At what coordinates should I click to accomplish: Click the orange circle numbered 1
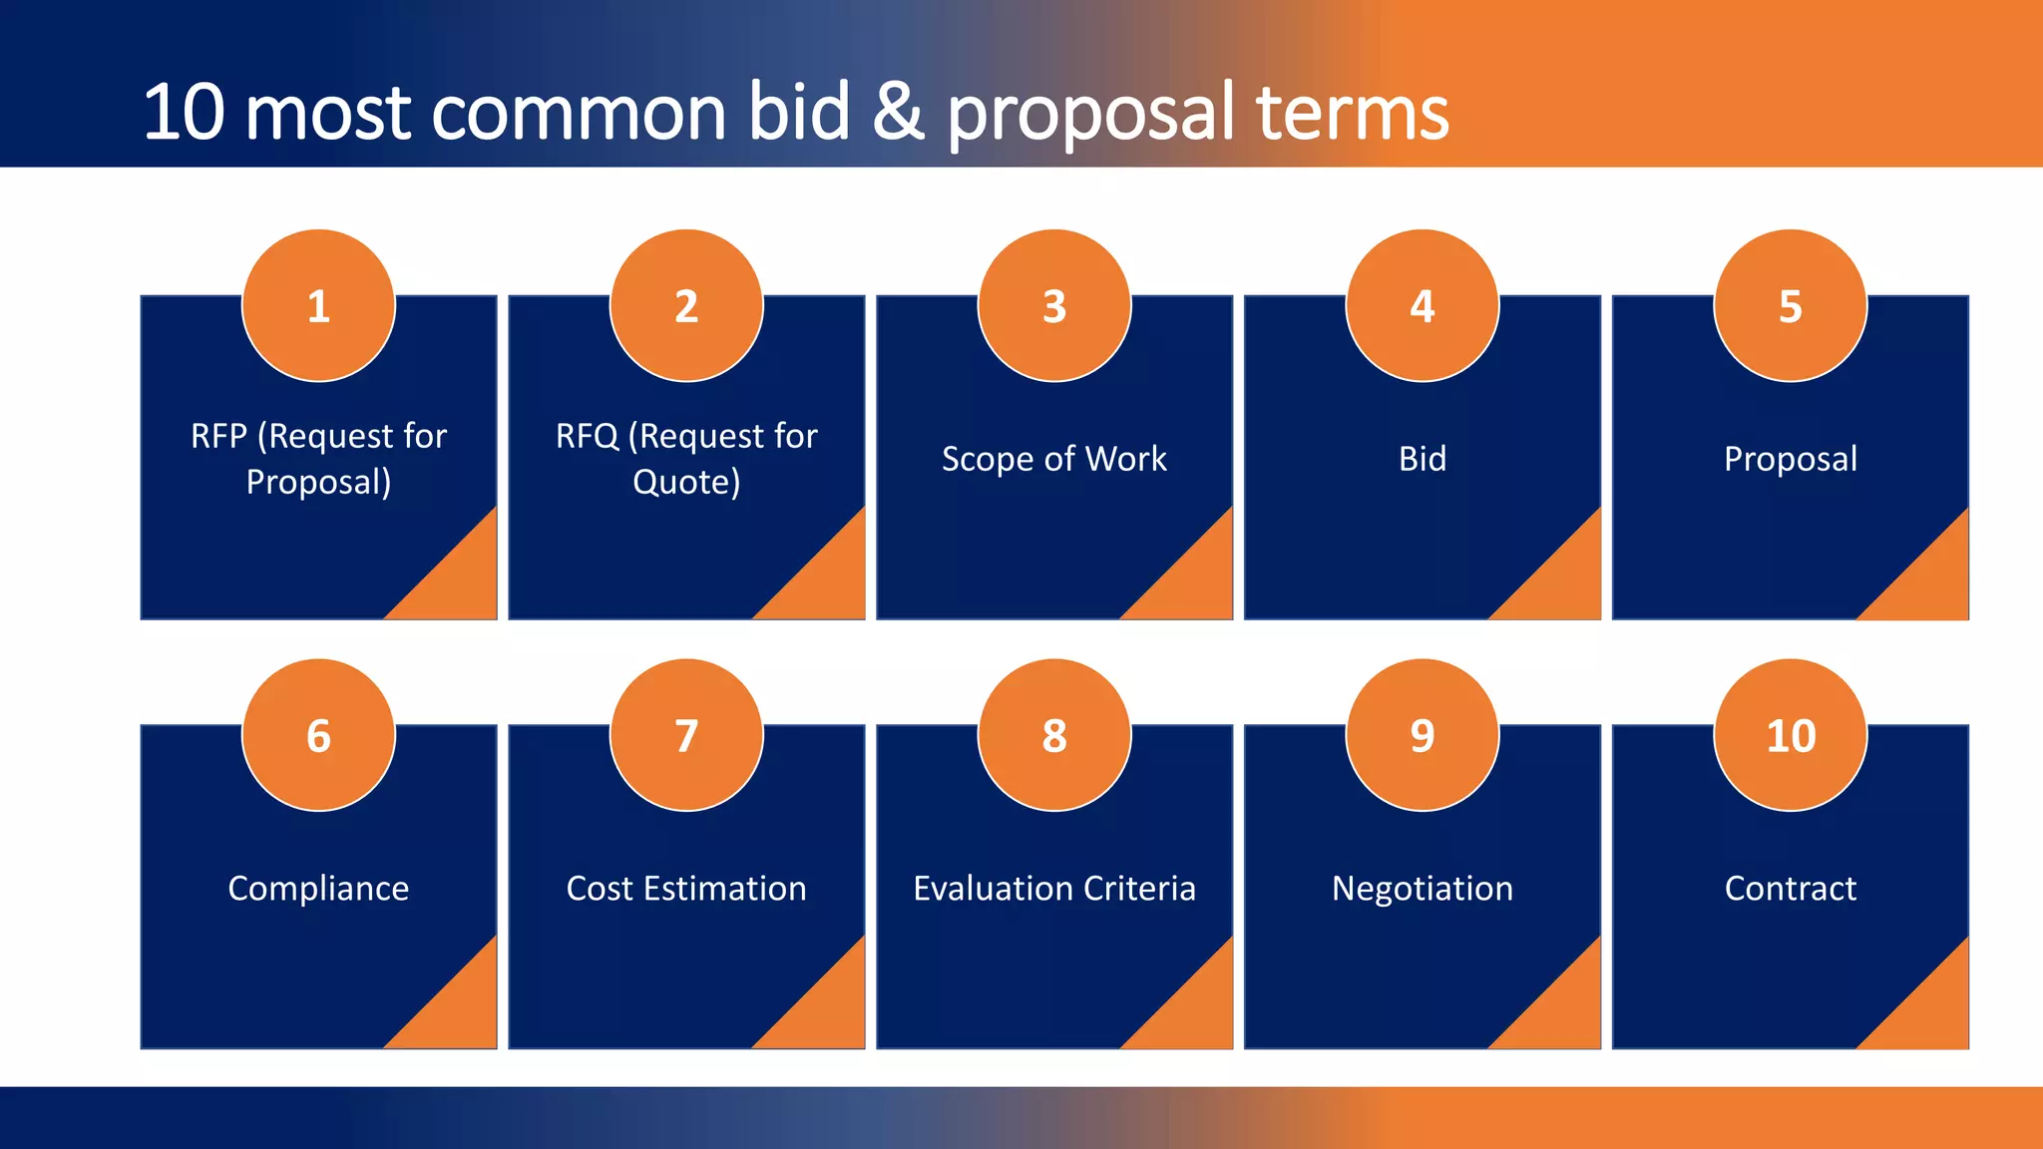point(318,305)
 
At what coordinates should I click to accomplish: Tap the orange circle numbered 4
point(1422,305)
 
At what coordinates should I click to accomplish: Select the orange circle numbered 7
point(686,735)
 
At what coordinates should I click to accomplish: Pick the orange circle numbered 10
point(1791,735)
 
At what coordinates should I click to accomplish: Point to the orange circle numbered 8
point(1054,735)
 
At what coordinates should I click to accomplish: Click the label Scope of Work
point(1054,459)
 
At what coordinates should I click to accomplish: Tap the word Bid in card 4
point(1422,459)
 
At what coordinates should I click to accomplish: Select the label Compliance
point(318,889)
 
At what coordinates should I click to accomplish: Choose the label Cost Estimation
point(686,889)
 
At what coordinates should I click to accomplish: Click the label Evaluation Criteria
point(1054,889)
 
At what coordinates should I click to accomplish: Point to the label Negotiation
point(1422,889)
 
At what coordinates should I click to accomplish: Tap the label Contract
point(1791,889)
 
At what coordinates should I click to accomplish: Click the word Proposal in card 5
point(1791,459)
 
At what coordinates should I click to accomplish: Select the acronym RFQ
point(587,437)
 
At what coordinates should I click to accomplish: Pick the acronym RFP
point(218,437)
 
